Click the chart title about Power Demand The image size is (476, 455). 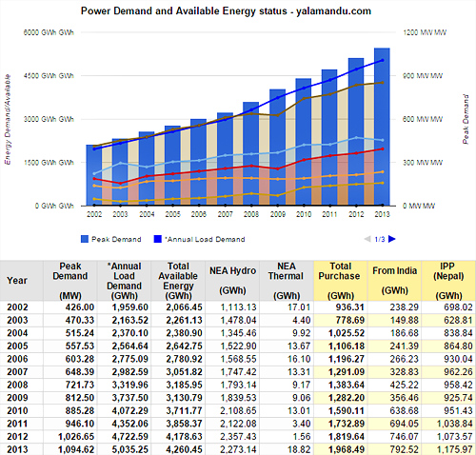pyautogui.click(x=226, y=11)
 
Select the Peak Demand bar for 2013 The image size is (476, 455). pyautogui.click(x=382, y=127)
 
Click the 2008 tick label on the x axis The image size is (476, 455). pyautogui.click(x=251, y=215)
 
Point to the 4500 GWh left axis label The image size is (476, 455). pyautogui.click(x=49, y=76)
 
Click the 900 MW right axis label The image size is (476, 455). pyautogui.click(x=423, y=76)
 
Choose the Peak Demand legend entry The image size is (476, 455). pyautogui.click(x=111, y=239)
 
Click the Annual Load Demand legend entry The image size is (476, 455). pyautogui.click(x=199, y=239)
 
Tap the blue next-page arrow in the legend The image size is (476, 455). pyautogui.click(x=392, y=239)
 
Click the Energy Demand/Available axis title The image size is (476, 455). pyautogui.click(x=8, y=119)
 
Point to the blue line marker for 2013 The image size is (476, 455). pyautogui.click(x=383, y=60)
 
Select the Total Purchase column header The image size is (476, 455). pyautogui.click(x=340, y=281)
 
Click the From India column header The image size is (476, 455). pyautogui.click(x=394, y=281)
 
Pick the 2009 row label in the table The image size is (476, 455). pyautogui.click(x=17, y=398)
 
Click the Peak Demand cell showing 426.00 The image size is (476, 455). pyautogui.click(x=80, y=307)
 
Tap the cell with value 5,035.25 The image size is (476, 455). pyautogui.click(x=130, y=449)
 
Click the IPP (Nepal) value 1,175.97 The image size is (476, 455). pyautogui.click(x=455, y=449)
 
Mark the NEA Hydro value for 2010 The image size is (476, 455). pyautogui.click(x=238, y=411)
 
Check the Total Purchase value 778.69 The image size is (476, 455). pyautogui.click(x=350, y=321)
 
